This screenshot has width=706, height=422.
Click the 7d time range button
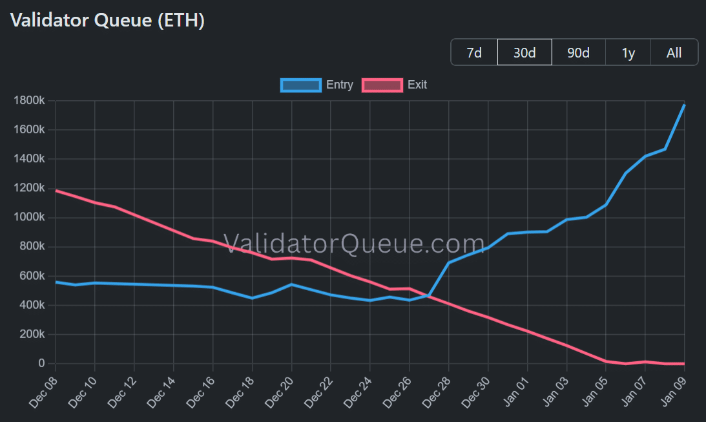click(x=474, y=52)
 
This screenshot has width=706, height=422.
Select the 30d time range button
click(x=524, y=52)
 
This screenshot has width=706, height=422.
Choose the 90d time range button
click(x=578, y=52)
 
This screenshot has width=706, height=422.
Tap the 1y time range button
click(x=628, y=52)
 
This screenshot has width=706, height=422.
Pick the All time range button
click(x=674, y=52)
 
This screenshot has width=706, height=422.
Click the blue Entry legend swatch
click(x=300, y=85)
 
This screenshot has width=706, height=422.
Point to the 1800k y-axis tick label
click(x=30, y=101)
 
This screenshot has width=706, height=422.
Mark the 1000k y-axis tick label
click(x=30, y=218)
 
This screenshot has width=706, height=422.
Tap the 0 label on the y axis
click(x=41, y=364)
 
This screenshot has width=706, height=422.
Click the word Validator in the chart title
click(x=50, y=20)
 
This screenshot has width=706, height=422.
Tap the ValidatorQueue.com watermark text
click(x=354, y=244)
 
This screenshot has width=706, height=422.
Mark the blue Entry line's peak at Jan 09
click(x=684, y=105)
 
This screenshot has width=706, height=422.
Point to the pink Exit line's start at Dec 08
click(x=56, y=191)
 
